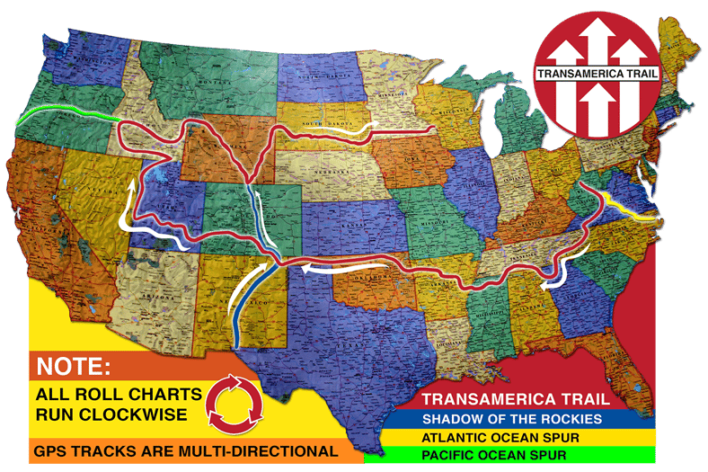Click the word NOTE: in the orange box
click(73, 367)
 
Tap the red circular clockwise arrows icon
click(235, 401)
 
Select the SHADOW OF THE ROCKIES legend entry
click(509, 419)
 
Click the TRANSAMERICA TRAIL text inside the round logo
click(597, 74)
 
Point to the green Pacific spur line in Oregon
click(67, 115)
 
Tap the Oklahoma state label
click(377, 274)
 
